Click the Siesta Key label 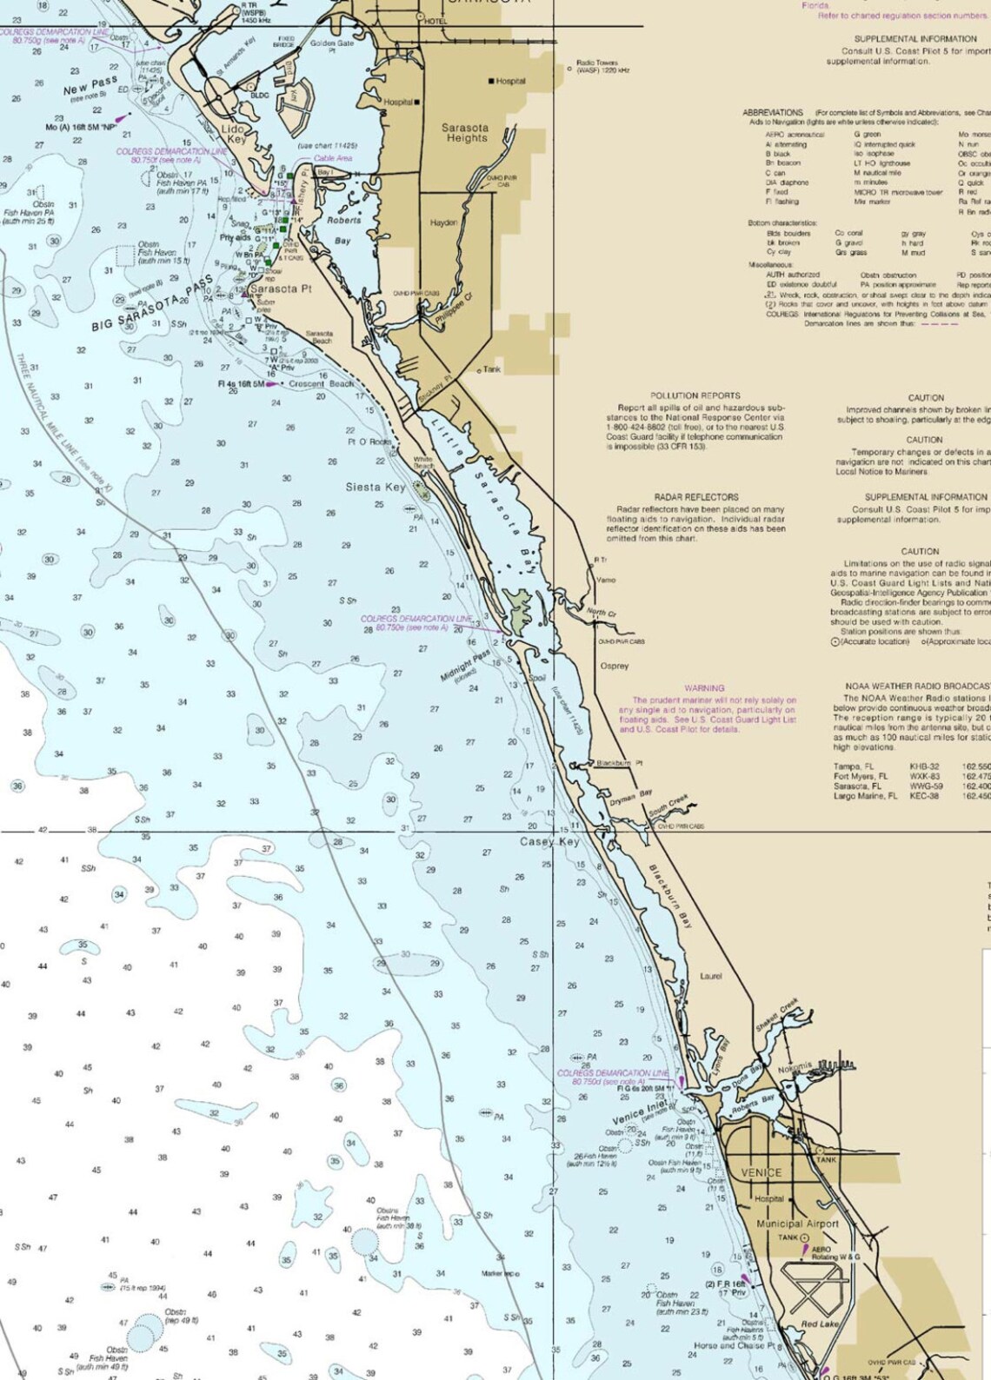(375, 488)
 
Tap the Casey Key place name (549, 842)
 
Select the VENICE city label (761, 1172)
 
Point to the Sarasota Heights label (465, 133)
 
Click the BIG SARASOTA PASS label (152, 303)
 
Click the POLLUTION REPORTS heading (695, 395)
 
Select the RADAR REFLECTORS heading (696, 497)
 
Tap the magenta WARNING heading (704, 688)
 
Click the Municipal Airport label (797, 1224)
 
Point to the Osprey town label (614, 667)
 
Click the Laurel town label (710, 976)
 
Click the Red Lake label (820, 1324)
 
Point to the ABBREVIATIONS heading (772, 113)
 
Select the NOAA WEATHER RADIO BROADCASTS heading (917, 687)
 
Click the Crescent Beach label (321, 384)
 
